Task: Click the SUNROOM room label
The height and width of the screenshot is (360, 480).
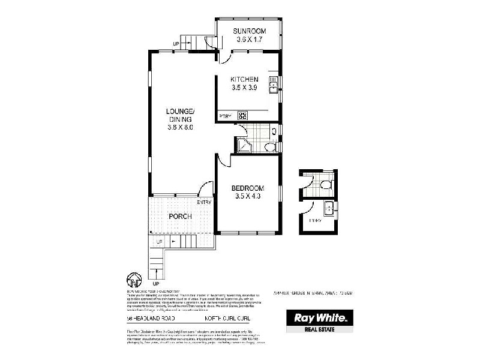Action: coord(248,32)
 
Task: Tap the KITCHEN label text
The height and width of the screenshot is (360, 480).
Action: coord(245,79)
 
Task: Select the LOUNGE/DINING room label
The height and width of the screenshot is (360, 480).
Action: coord(181,115)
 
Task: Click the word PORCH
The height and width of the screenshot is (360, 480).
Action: coord(179,216)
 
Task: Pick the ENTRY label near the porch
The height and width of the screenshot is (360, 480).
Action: coord(203,202)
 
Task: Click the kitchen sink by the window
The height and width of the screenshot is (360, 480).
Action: coord(274,85)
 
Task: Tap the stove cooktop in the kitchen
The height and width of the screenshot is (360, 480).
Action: coord(243,115)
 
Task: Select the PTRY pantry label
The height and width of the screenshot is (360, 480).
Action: coord(225,116)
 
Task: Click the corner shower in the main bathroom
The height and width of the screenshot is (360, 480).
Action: coord(243,145)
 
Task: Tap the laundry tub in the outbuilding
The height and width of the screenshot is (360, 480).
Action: coord(329,208)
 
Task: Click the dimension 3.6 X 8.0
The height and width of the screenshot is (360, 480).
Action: coord(181,127)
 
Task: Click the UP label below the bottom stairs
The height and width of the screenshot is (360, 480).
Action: coord(156,283)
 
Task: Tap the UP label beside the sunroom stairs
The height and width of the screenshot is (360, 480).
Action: coord(176,44)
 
